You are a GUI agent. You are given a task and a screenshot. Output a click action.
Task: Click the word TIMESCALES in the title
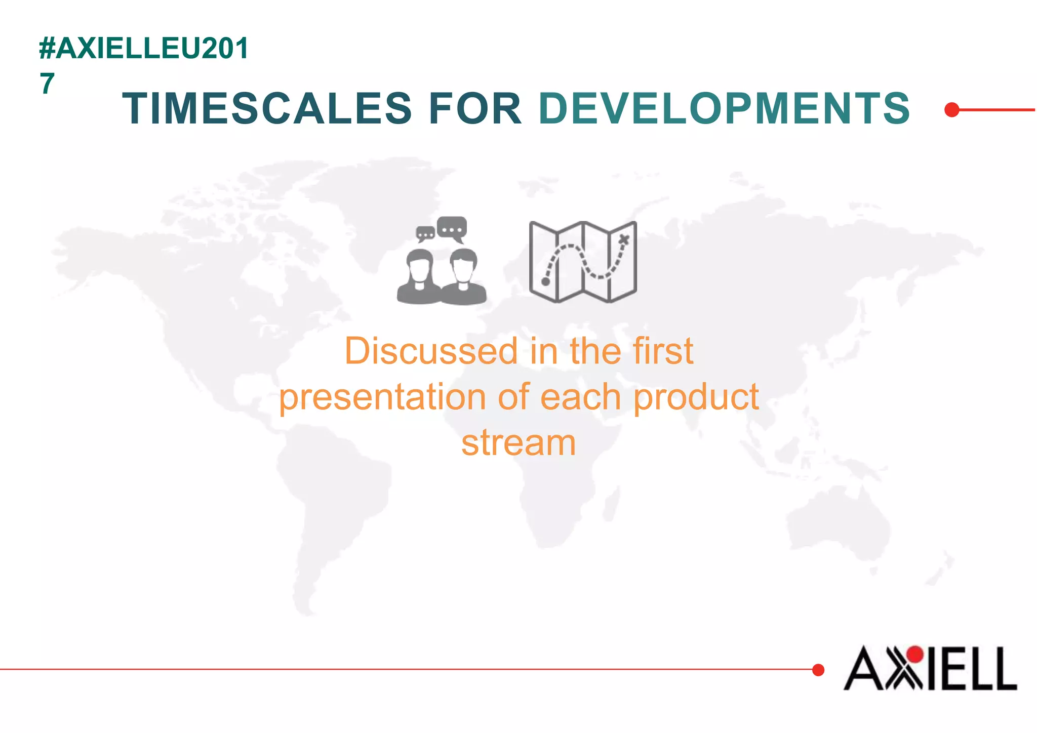pos(267,108)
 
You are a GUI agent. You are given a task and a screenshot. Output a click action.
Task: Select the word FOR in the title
pos(475,108)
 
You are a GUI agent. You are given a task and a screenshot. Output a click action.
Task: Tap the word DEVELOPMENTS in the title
pos(724,108)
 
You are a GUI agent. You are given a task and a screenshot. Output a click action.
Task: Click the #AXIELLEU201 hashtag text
pos(144,49)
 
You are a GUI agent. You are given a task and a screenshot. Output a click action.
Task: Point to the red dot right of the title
pos(952,109)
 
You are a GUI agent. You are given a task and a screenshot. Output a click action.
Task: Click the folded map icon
pos(583,262)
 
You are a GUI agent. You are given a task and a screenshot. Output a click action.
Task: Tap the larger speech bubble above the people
pos(452,229)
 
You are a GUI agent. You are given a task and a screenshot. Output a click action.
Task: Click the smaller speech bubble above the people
pos(425,234)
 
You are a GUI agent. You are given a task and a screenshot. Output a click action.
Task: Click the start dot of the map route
pos(546,281)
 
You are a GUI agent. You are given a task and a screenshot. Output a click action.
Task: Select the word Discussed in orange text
pos(431,351)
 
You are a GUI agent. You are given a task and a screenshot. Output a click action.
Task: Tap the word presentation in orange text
pos(383,397)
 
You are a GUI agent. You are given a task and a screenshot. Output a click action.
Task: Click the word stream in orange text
pos(518,443)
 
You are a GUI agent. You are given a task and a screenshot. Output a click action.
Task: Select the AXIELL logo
pos(930,668)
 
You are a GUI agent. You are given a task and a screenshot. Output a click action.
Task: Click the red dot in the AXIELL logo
pos(915,655)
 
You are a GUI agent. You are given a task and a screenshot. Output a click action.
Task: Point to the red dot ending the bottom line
pos(818,670)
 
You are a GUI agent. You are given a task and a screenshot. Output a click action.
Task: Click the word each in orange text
pos(580,397)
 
